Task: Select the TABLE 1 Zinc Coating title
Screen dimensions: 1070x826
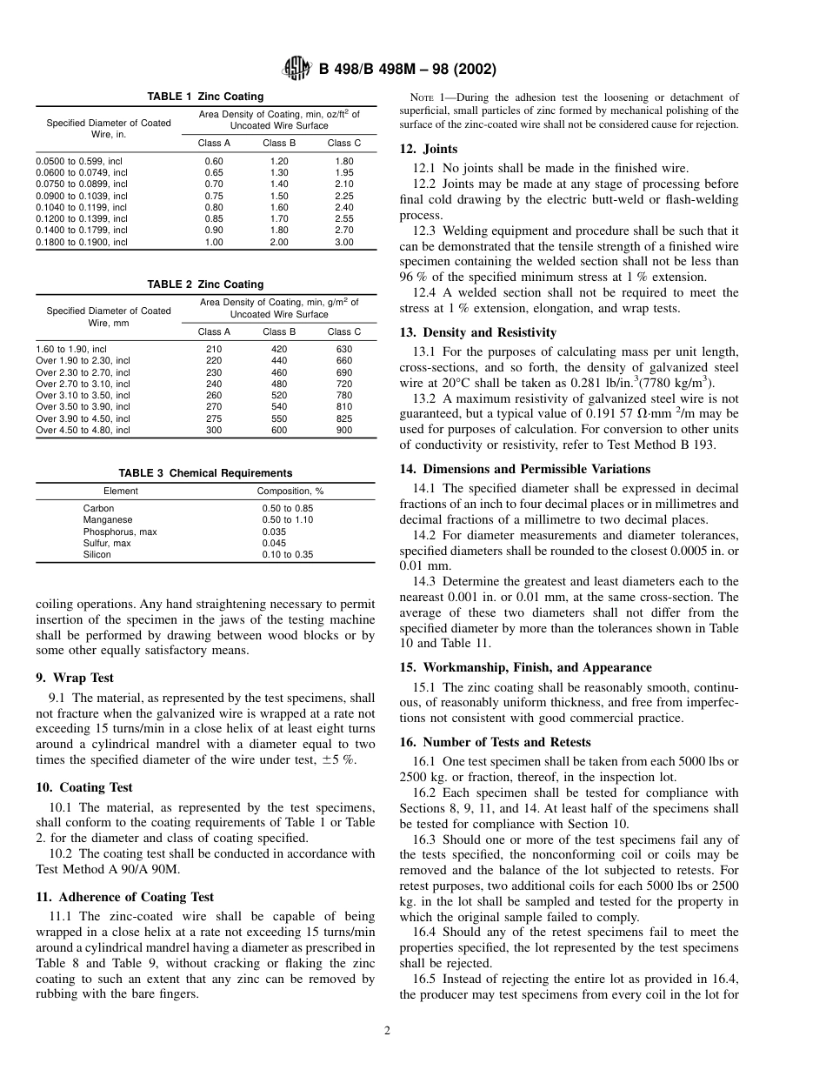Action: pyautogui.click(x=205, y=97)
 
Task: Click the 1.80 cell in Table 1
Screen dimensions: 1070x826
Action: pyautogui.click(x=344, y=161)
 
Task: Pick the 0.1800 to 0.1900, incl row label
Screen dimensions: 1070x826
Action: pyautogui.click(x=82, y=242)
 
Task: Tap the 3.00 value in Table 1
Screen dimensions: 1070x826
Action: pyautogui.click(x=344, y=242)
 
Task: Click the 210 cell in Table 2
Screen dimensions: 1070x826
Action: pyautogui.click(x=214, y=349)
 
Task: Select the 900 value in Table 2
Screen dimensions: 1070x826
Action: pyautogui.click(x=344, y=430)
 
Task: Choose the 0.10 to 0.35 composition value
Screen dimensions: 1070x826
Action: pyautogui.click(x=288, y=554)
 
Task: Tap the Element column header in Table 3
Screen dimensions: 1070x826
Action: pyautogui.click(x=120, y=492)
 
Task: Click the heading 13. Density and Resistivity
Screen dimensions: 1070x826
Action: pyautogui.click(x=478, y=332)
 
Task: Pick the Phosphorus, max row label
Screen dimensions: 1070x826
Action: pyautogui.click(x=120, y=532)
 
